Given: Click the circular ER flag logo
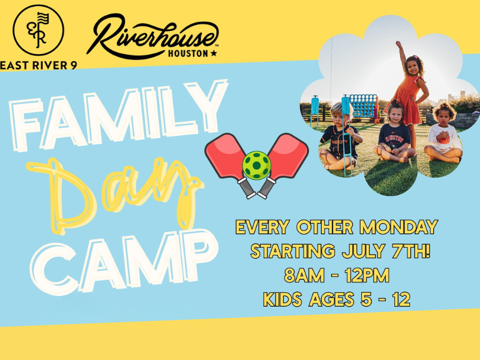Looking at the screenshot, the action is tap(38, 30).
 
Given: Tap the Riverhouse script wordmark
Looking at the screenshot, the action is tap(152, 36).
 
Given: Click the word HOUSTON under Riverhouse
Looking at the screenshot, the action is tap(188, 53).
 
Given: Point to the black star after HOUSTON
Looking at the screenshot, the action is tap(214, 53).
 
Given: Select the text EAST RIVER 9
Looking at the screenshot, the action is tap(38, 65).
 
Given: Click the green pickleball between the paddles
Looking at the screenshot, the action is tap(257, 166).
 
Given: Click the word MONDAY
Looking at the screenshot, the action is tap(398, 227).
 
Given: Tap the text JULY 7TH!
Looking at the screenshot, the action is tap(386, 251).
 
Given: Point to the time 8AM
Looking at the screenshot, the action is tap(304, 275).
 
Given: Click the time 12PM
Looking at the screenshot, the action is tap(367, 275).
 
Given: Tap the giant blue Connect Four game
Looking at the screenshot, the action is tap(364, 108).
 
